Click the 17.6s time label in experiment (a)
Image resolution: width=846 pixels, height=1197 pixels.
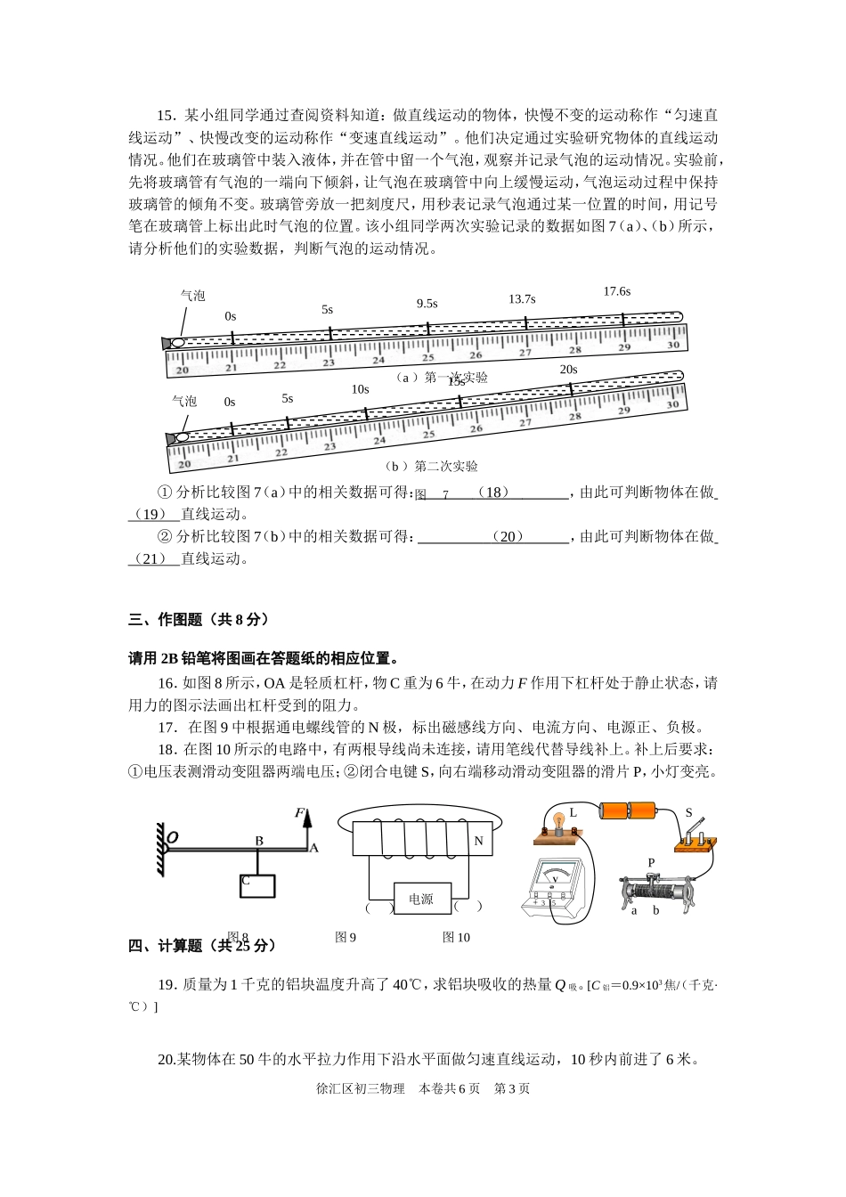point(616,291)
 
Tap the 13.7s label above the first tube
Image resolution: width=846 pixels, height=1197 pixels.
point(522,299)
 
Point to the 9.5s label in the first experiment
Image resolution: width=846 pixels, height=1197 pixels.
point(427,304)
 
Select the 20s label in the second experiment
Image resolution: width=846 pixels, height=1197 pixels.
point(568,370)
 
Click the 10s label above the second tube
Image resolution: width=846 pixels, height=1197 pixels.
point(360,389)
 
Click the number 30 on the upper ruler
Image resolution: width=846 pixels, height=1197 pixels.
point(673,346)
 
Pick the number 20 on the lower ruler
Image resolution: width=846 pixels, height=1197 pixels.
point(184,464)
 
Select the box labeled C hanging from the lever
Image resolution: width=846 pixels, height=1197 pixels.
point(257,885)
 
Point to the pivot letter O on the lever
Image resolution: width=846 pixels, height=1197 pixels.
point(173,837)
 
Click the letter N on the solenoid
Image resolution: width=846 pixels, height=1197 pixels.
point(478,841)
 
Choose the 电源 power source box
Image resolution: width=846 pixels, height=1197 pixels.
point(421,900)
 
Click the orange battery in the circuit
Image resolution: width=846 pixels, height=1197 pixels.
point(628,810)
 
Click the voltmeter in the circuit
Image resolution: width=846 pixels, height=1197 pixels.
point(555,885)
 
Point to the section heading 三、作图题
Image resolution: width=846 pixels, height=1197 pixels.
point(198,620)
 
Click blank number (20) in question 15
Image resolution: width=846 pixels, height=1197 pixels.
point(507,537)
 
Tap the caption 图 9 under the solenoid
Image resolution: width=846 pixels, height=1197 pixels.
point(346,937)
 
